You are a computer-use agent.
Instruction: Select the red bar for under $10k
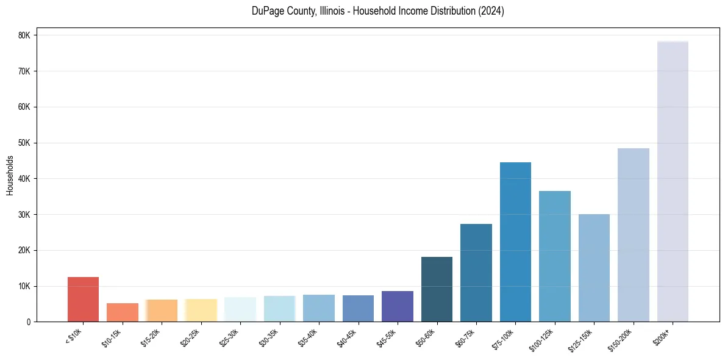tap(83, 299)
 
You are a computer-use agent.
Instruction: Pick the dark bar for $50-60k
tap(437, 289)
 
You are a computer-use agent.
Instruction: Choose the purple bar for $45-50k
tap(398, 306)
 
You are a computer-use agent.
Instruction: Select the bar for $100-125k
tap(555, 256)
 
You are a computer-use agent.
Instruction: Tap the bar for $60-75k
tap(476, 273)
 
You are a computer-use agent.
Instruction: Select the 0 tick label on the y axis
tap(29, 322)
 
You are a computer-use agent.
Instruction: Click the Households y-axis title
tap(10, 175)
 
